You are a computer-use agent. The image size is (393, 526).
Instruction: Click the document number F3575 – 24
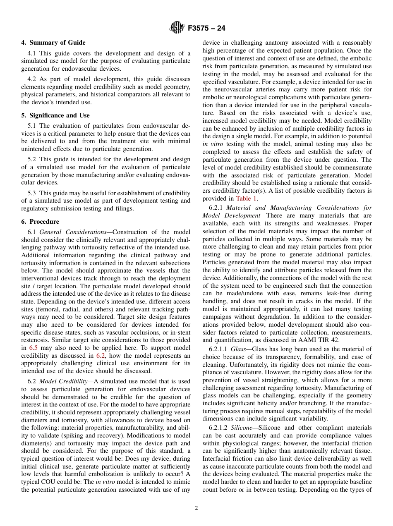coord(206,29)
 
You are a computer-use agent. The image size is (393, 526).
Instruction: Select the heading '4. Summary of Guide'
coord(53,43)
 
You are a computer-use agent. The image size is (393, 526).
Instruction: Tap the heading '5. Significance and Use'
coord(55,115)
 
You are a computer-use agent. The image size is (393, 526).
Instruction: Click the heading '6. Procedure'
coord(40,222)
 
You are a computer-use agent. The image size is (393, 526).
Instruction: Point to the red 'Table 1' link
coord(247,198)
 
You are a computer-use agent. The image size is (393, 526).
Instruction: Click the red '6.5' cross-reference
coord(33,348)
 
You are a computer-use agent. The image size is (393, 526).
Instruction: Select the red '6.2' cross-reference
coord(101,356)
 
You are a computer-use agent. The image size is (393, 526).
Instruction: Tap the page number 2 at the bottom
coord(196,508)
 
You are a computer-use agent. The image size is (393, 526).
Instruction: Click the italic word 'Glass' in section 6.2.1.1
coord(239,349)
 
